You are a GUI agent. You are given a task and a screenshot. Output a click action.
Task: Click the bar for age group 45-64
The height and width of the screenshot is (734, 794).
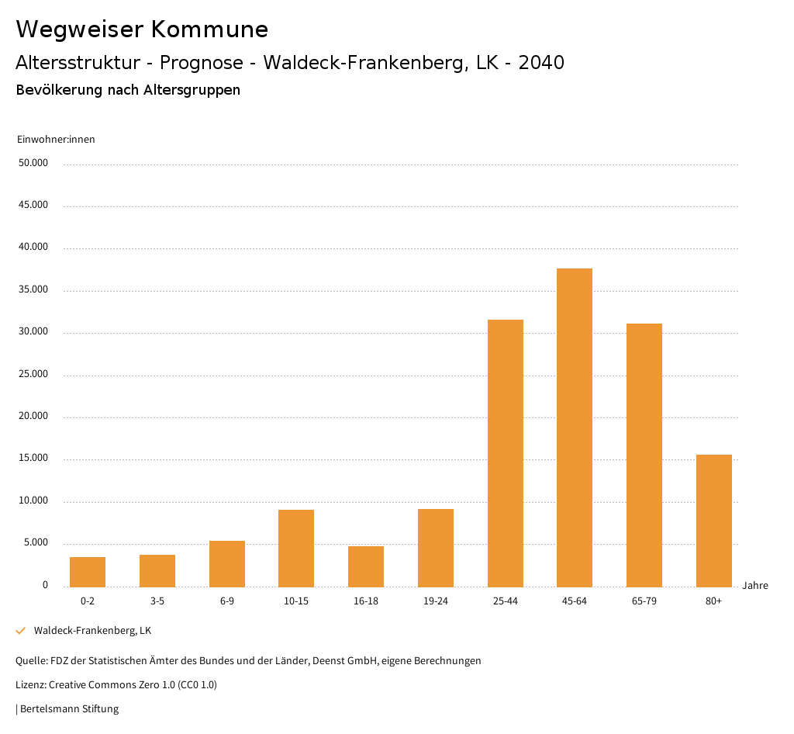575,428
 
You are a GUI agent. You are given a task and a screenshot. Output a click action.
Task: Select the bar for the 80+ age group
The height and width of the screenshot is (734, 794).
713,521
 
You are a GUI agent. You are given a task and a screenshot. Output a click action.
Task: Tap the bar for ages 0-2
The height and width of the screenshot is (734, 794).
88,572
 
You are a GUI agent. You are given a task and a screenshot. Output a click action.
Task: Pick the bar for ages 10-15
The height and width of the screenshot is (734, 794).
296,548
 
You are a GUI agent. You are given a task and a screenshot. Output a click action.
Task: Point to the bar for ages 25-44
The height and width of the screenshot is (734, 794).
505,453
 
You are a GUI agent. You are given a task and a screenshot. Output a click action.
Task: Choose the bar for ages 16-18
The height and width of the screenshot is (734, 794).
366,566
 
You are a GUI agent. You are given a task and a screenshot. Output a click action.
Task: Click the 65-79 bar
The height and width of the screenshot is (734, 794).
644,455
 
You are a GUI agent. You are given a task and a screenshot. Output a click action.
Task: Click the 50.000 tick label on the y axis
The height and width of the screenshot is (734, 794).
34,163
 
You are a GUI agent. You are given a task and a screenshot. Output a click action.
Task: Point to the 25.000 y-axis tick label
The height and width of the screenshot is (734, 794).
34,374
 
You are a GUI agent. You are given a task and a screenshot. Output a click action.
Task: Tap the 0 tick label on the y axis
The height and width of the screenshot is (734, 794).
45,585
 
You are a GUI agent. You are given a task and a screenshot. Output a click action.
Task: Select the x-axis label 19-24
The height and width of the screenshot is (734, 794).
436,601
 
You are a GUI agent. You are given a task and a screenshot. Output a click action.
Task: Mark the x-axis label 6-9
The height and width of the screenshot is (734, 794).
227,601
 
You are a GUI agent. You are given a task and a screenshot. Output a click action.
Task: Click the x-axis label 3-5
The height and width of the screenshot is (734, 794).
157,601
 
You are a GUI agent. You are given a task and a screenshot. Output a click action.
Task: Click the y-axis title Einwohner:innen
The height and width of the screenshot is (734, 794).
56,140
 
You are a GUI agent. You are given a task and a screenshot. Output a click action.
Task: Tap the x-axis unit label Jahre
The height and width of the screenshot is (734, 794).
754,586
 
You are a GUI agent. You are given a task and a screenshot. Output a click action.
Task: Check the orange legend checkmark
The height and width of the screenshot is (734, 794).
21,631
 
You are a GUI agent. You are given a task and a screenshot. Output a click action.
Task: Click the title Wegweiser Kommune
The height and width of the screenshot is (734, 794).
142,29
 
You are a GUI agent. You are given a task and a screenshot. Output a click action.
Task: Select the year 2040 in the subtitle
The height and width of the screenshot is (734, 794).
541,63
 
